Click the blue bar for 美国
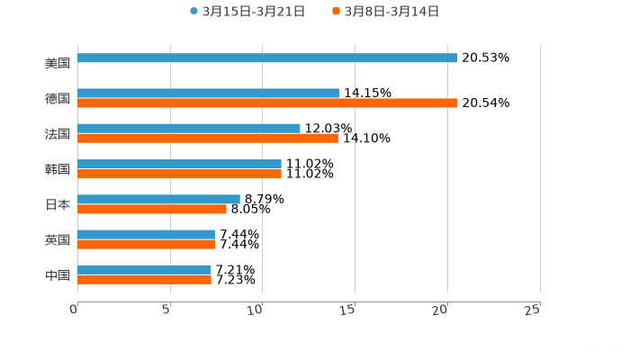267,58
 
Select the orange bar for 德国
267,103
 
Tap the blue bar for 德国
208,93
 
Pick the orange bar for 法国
208,138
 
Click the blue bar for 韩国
179,164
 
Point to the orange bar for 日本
152,209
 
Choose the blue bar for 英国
146,234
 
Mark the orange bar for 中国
144,279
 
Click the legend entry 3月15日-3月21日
247,12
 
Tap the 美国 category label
58,63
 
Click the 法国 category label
58,133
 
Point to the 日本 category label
58,204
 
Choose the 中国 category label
58,274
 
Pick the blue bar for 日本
158,199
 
